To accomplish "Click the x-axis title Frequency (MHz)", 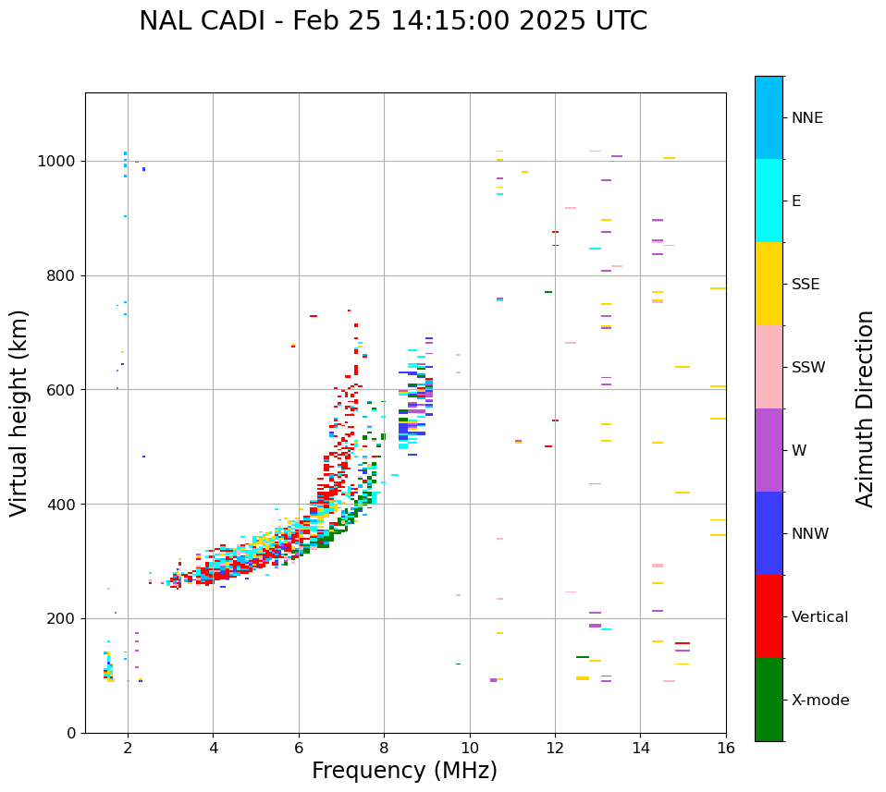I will coord(404,771).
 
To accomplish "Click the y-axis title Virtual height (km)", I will coord(19,412).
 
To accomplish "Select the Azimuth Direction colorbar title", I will coord(865,408).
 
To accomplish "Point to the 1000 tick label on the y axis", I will coord(56,161).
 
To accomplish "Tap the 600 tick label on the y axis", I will coord(61,390).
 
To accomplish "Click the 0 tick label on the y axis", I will coord(71,733).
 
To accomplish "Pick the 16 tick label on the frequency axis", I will coord(726,748).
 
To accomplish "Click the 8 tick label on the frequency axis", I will coord(384,748).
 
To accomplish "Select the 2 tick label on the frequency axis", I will coord(128,748).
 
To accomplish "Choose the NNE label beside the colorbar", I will coord(807,118).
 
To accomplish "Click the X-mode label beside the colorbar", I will coord(820,701).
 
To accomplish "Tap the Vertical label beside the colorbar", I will coord(819,617).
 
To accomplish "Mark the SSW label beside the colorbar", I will coord(808,368).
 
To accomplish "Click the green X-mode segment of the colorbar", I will coord(769,700).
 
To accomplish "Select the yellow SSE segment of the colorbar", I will coord(769,284).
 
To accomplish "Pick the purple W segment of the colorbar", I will coord(769,450).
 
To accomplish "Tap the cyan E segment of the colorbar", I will coord(769,201).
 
